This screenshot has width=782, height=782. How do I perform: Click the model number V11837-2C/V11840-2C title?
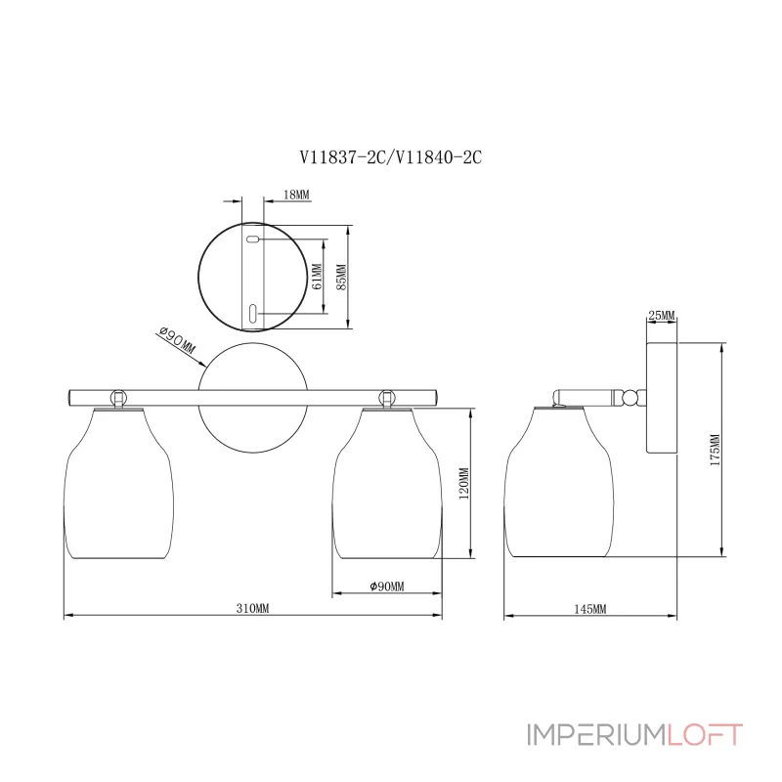(x=390, y=157)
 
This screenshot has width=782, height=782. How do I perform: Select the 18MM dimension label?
(x=296, y=195)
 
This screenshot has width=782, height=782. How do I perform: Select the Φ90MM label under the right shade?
(x=387, y=586)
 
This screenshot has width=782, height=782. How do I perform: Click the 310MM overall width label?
(x=252, y=608)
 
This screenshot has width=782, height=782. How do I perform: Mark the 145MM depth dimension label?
(x=590, y=608)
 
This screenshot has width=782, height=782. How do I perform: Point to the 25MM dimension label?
(x=662, y=315)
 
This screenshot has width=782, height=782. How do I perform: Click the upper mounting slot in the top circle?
(x=252, y=239)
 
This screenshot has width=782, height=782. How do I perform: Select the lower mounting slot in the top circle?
(x=252, y=313)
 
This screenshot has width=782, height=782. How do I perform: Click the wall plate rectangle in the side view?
(x=662, y=397)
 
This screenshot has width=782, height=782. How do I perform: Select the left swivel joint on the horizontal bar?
(x=118, y=397)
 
